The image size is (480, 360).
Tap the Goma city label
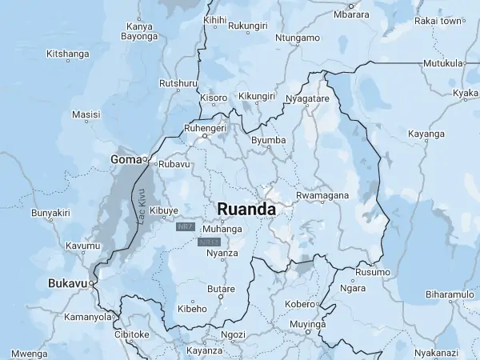click(x=125, y=160)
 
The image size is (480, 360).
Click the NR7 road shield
click(x=186, y=228)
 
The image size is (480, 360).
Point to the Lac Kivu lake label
click(x=141, y=206)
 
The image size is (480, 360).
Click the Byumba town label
click(x=269, y=141)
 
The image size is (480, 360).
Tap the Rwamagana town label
click(x=322, y=196)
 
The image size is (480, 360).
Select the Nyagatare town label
click(x=307, y=98)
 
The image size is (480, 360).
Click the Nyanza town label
click(x=222, y=254)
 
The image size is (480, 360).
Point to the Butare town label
click(x=221, y=289)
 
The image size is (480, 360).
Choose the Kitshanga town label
click(x=68, y=54)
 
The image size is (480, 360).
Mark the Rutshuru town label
click(x=178, y=83)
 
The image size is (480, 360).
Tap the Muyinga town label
click(x=308, y=325)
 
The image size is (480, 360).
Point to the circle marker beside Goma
click(x=145, y=159)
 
